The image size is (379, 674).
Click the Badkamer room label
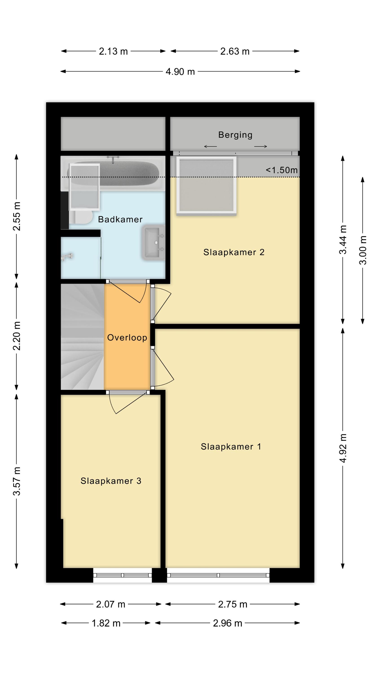point(120,219)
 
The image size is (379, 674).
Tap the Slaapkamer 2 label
point(234,252)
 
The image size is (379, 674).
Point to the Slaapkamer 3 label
point(111,481)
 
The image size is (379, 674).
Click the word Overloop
point(127,338)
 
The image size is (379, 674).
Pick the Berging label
point(235,135)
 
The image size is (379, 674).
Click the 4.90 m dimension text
point(180,71)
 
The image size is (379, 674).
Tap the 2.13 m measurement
point(113,51)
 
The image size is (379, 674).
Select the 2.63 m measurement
point(235,51)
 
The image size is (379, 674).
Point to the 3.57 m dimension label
point(17,481)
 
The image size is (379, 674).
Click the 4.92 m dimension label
point(343,448)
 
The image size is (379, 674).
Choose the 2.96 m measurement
point(227,623)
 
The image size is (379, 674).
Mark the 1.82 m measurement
point(106,623)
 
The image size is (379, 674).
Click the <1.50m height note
point(282,170)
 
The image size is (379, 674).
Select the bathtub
point(113,173)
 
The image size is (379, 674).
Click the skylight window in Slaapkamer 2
point(206,185)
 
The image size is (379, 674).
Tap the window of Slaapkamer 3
point(122,575)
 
